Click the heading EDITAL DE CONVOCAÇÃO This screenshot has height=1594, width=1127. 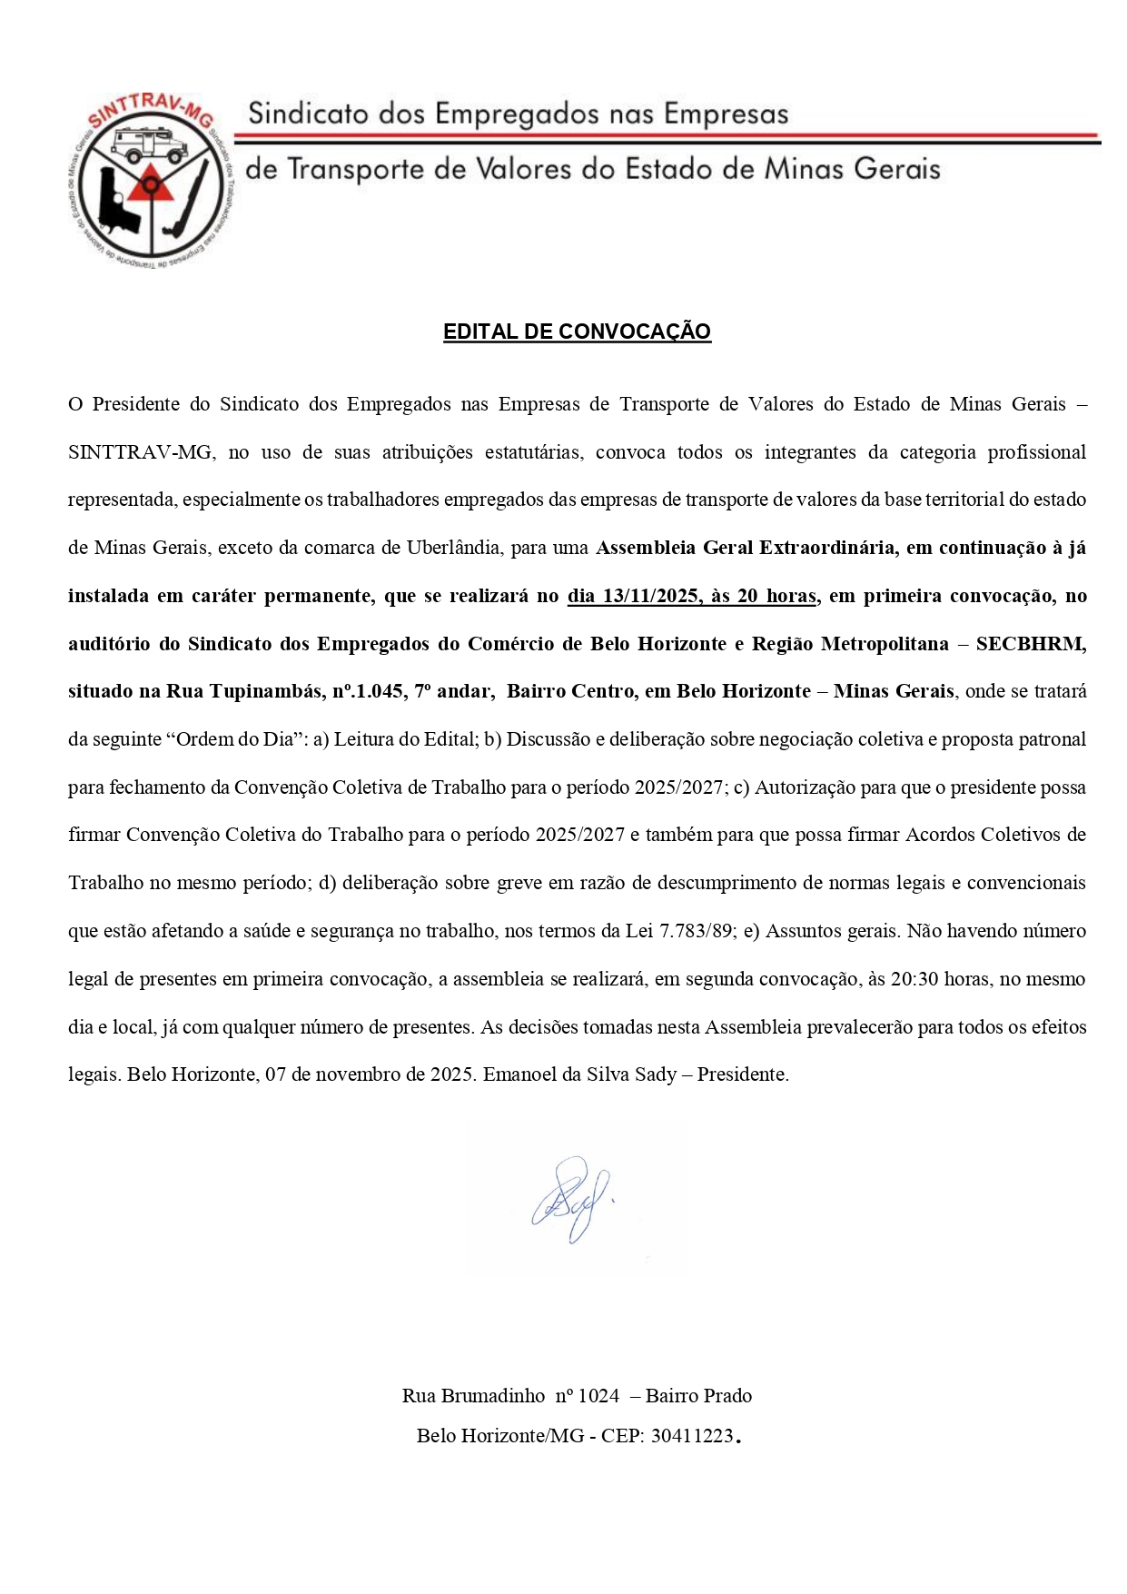pos(577,332)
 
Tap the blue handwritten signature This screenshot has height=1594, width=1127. pos(570,1198)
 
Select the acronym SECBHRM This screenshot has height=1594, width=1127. pos(1031,644)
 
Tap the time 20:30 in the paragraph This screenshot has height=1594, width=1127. pos(914,979)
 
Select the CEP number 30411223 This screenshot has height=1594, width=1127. pos(692,1436)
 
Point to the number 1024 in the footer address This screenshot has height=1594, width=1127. pos(598,1396)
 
